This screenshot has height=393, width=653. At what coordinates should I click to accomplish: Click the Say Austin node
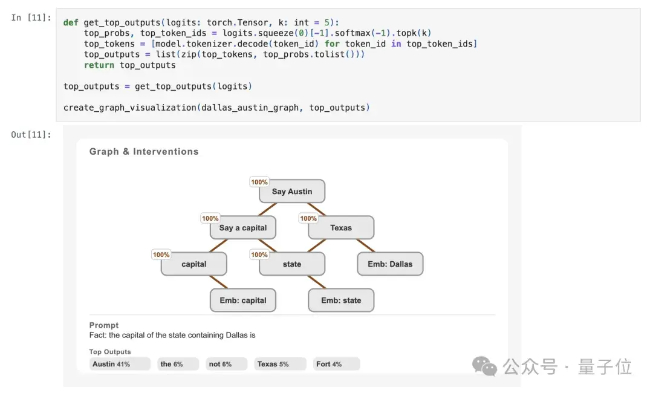click(x=292, y=192)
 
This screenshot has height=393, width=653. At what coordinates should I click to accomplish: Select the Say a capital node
click(x=243, y=228)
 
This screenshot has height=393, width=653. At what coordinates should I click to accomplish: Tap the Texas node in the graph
click(x=341, y=228)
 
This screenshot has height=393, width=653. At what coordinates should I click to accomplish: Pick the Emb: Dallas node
click(x=390, y=264)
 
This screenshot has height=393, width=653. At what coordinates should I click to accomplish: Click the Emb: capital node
click(x=243, y=300)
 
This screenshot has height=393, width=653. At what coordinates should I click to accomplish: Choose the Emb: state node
click(x=341, y=300)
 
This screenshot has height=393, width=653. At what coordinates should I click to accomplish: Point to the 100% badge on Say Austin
click(x=259, y=182)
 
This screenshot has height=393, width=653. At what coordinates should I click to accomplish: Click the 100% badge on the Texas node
click(x=308, y=218)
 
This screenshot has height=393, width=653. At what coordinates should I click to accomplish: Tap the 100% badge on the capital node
click(x=161, y=255)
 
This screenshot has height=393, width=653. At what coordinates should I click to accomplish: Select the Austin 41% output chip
click(x=120, y=364)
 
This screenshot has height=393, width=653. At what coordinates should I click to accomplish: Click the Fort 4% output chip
click(x=336, y=364)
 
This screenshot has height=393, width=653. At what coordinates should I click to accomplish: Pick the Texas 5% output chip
click(x=280, y=364)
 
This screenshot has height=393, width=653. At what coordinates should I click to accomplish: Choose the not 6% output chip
click(x=226, y=364)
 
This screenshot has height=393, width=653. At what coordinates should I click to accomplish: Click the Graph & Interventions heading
click(x=144, y=152)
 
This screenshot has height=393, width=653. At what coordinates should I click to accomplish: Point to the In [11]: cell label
click(x=31, y=18)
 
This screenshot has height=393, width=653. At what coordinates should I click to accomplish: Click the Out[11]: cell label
click(x=31, y=134)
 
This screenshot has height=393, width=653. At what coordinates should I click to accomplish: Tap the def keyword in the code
click(x=71, y=22)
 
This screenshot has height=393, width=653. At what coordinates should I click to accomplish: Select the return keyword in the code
click(x=99, y=65)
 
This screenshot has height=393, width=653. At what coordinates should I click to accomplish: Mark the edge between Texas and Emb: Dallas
click(x=366, y=245)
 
